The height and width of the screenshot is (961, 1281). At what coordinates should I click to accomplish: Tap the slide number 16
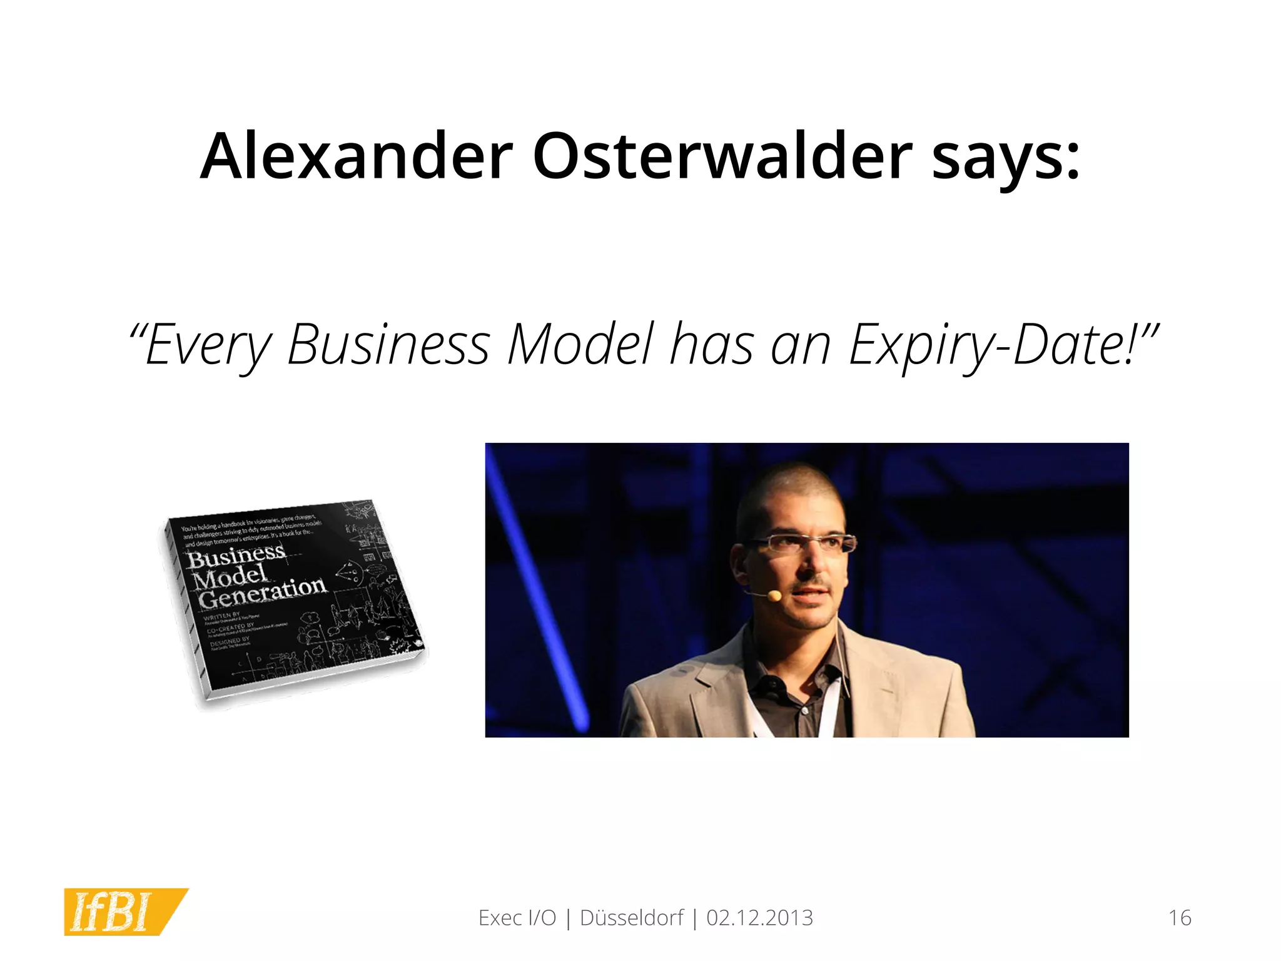click(x=1180, y=918)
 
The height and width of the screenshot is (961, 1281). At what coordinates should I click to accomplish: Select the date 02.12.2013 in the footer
click(x=759, y=918)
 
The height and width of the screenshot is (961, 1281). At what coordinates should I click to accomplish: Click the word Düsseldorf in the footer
click(x=632, y=918)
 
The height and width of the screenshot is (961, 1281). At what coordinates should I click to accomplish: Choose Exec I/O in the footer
click(x=517, y=918)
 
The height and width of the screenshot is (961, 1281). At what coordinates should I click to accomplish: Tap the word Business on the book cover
click(x=236, y=556)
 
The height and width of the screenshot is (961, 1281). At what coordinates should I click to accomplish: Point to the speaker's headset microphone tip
click(x=774, y=596)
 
